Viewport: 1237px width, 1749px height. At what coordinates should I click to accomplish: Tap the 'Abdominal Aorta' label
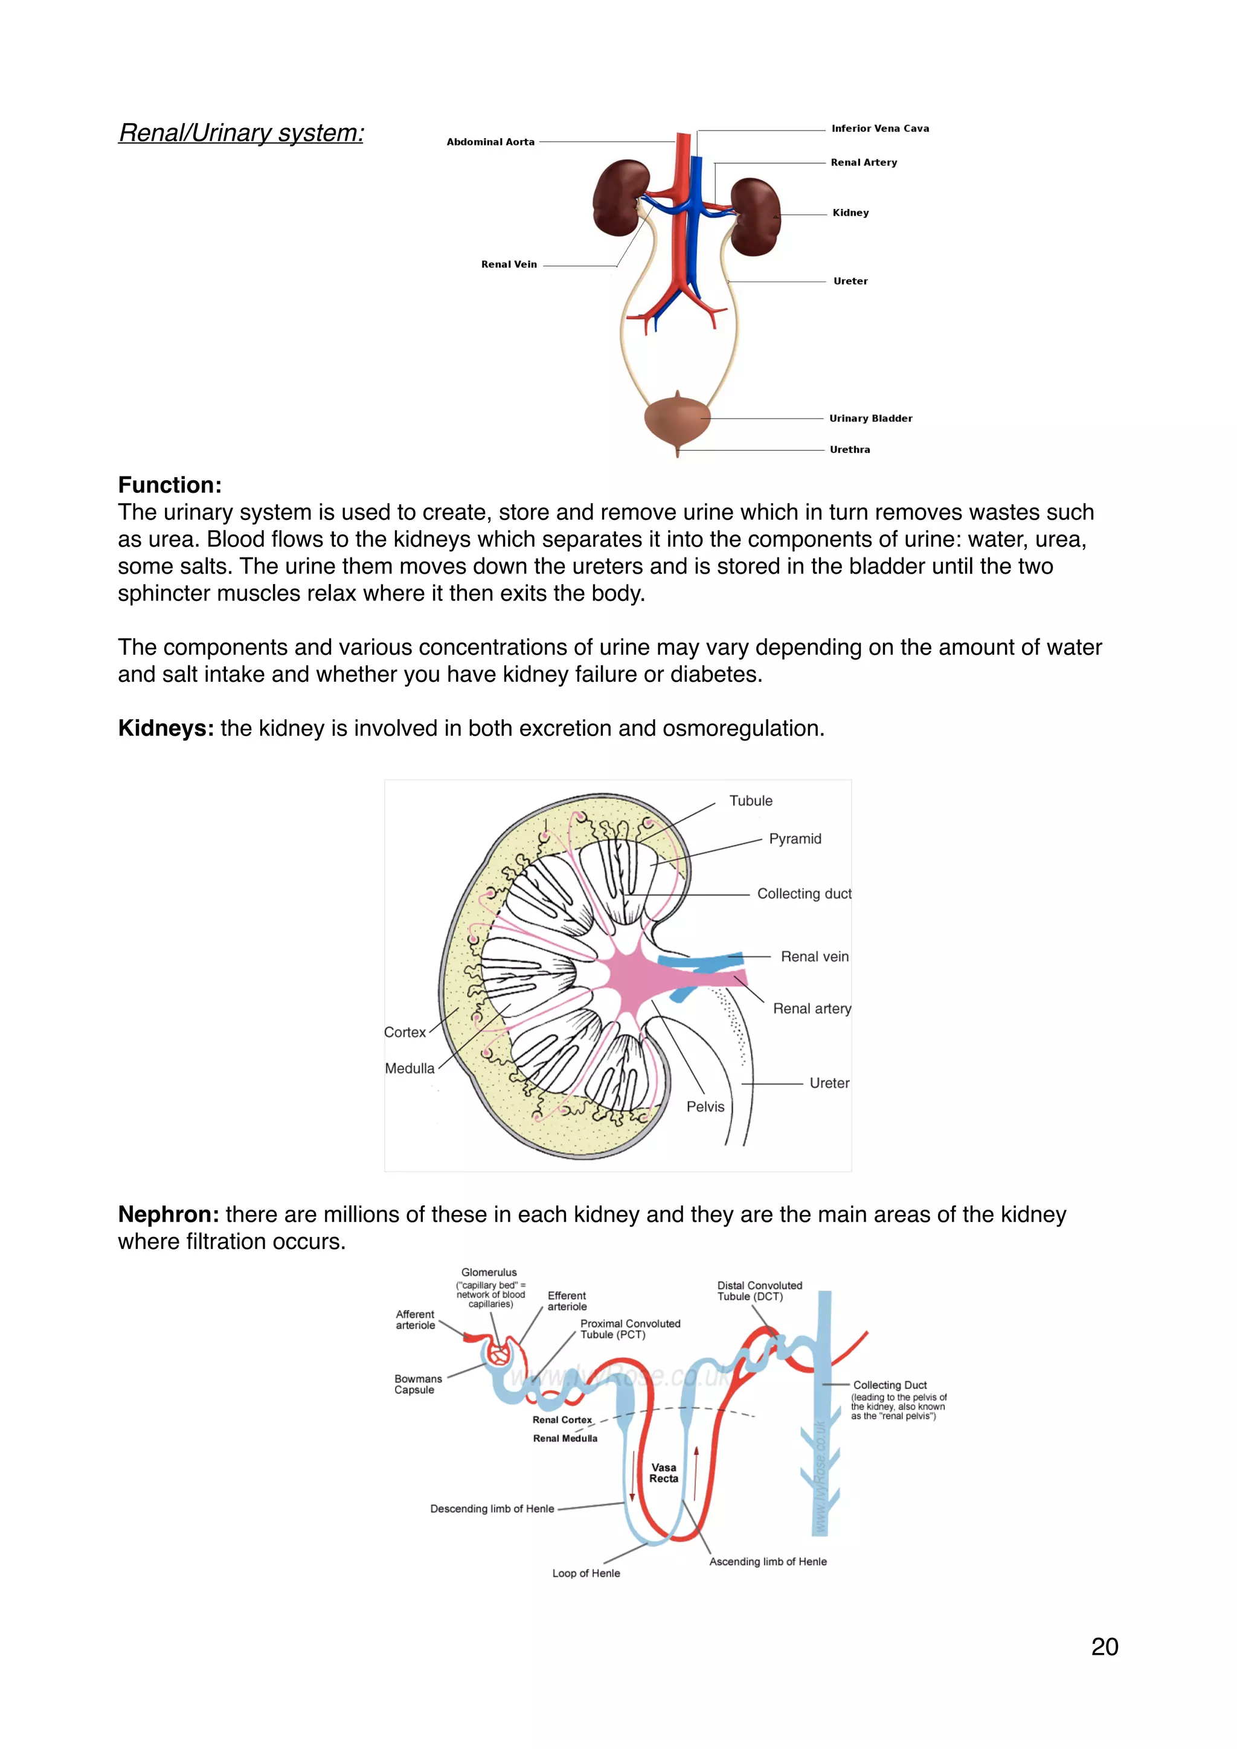pyautogui.click(x=490, y=142)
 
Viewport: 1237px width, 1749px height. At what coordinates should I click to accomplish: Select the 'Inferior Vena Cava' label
pyautogui.click(x=880, y=128)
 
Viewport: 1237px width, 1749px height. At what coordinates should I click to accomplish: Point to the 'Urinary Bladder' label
pyautogui.click(x=870, y=418)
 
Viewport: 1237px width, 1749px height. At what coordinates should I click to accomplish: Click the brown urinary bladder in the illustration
pyautogui.click(x=676, y=420)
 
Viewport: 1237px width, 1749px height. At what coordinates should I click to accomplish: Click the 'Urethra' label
pyautogui.click(x=850, y=449)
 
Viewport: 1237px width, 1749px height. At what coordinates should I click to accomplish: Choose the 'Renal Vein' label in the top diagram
pyautogui.click(x=509, y=265)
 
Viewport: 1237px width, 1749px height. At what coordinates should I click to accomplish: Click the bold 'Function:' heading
pyautogui.click(x=170, y=484)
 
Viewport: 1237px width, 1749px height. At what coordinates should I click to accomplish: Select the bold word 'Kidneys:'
pyautogui.click(x=166, y=728)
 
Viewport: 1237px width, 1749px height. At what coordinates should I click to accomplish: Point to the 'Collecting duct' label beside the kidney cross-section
pyautogui.click(x=803, y=894)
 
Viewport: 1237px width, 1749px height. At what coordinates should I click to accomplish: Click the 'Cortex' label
pyautogui.click(x=405, y=1032)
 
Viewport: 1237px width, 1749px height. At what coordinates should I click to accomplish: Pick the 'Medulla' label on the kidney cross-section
pyautogui.click(x=410, y=1068)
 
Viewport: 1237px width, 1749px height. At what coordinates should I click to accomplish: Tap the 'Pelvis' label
pyautogui.click(x=705, y=1106)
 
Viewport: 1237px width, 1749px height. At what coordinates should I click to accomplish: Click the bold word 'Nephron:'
pyautogui.click(x=169, y=1215)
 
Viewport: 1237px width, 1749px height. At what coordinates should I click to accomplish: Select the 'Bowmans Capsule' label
pyautogui.click(x=417, y=1384)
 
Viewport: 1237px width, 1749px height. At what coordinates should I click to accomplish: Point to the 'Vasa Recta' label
pyautogui.click(x=663, y=1472)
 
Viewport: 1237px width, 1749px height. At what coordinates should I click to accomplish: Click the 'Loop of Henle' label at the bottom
pyautogui.click(x=586, y=1573)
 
